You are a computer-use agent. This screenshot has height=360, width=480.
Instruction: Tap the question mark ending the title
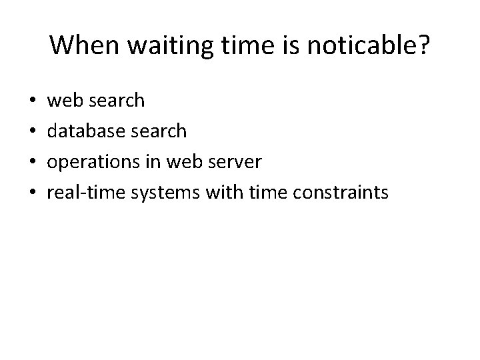tap(423, 45)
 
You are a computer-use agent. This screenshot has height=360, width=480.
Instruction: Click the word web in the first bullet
tap(63, 101)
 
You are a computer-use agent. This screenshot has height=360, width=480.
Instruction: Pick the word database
tap(85, 131)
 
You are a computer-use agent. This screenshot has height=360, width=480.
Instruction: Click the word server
tap(230, 162)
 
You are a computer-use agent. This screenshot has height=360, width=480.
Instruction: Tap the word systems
tap(159, 193)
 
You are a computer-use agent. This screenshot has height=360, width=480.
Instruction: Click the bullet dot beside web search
tap(33, 101)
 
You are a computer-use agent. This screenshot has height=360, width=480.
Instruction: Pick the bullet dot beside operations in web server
tap(33, 163)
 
